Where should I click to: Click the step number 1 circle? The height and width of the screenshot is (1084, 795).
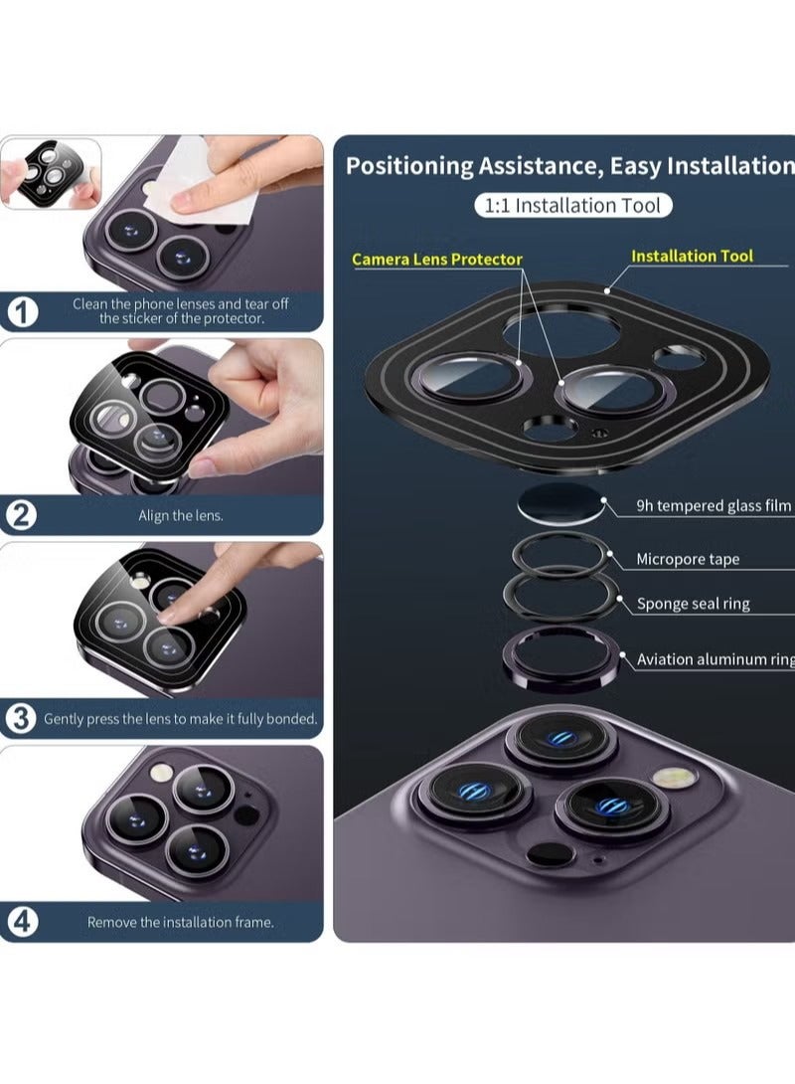click(23, 312)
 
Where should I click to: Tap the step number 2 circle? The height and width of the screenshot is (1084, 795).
click(23, 515)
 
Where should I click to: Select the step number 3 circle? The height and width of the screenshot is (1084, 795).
click(22, 718)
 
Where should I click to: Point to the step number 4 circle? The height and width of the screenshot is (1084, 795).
click(23, 922)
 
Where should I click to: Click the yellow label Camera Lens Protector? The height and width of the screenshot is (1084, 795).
click(436, 260)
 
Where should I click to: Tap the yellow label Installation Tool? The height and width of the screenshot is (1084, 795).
click(692, 256)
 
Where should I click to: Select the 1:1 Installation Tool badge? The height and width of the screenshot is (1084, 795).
click(572, 206)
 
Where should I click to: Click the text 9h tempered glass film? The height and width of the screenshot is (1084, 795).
click(714, 506)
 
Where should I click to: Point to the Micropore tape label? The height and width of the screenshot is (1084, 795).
click(688, 559)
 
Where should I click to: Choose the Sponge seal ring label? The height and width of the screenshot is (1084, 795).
click(693, 604)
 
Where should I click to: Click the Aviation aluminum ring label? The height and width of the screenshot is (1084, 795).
click(715, 659)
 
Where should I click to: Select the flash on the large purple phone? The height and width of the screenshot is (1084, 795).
click(671, 780)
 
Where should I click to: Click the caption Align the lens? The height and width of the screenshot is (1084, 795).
click(181, 516)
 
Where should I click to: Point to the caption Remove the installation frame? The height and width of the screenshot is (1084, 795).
click(180, 922)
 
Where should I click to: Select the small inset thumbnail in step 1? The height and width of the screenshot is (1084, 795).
click(51, 173)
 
